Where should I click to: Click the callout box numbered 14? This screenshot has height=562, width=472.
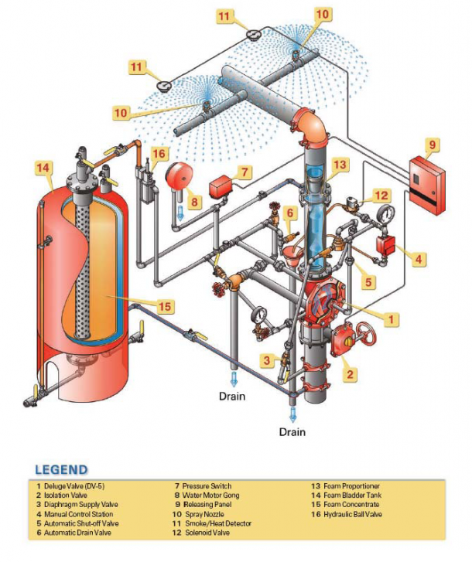tap(44, 166)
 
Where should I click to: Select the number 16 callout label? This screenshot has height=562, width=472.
tap(158, 155)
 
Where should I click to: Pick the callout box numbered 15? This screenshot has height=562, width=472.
tap(163, 307)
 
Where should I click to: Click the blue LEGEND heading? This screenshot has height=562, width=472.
tap(61, 469)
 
